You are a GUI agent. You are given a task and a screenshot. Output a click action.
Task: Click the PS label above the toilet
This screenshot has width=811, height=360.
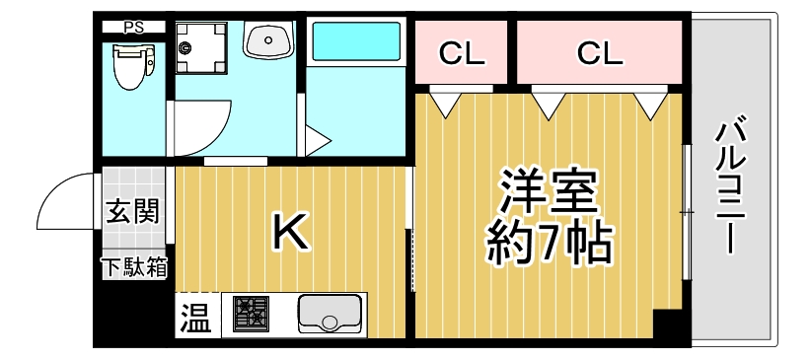click(x=133, y=28)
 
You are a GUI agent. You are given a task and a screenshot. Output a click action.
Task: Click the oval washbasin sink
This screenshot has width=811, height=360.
click(x=268, y=42)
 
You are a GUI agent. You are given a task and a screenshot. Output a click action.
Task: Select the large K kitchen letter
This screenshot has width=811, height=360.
click(x=290, y=233)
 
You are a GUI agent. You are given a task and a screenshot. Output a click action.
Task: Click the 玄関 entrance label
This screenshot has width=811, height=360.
click(x=134, y=211)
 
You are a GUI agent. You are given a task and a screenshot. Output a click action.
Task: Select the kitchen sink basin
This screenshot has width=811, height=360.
click(x=330, y=316)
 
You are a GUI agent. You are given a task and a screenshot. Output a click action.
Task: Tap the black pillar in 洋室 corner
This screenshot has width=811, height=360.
click(x=667, y=324)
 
